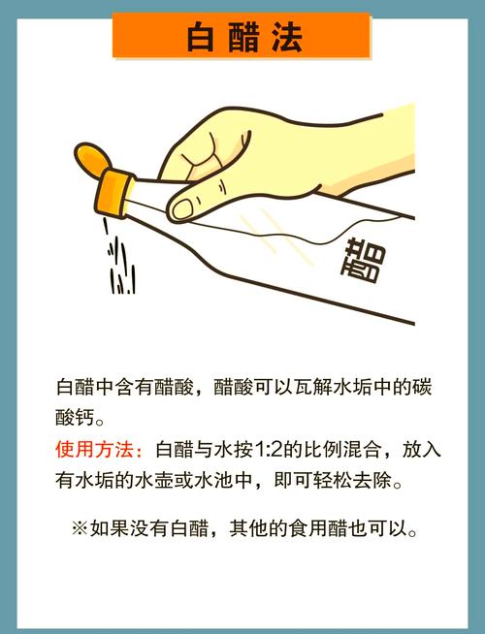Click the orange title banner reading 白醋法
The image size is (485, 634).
pos(242,36)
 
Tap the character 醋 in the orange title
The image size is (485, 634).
pos(243,37)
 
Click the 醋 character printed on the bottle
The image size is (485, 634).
pos(363,260)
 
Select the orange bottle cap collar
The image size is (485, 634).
pos(115,193)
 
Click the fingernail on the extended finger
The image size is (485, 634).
pos(182,208)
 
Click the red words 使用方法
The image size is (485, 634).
pos(95,449)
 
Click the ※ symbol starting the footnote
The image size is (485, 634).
pos(80,528)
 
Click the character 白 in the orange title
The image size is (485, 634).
pos(201,37)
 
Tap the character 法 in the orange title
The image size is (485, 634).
pos(287,37)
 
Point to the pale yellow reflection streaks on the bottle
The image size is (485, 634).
pos(277,236)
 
